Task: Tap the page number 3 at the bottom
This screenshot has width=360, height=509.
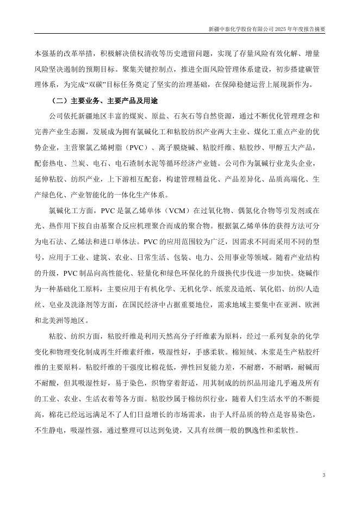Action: pyautogui.click(x=324, y=476)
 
